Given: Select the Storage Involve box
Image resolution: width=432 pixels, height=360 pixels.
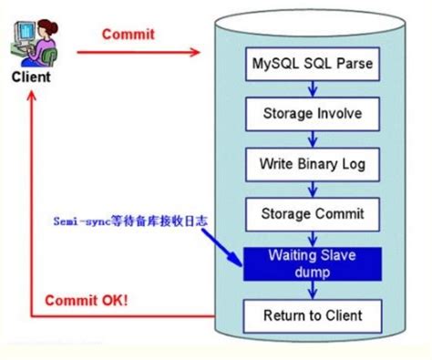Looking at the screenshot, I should (312, 114).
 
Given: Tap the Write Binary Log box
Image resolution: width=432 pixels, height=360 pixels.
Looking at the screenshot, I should (312, 164).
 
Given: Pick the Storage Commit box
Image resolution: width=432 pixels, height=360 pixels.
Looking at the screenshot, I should (312, 214).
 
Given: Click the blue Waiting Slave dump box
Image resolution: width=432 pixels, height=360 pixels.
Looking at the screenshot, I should (312, 264).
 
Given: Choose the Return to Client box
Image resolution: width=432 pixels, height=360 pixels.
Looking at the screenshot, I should (312, 315).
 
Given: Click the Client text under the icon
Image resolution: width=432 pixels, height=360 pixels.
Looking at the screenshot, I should (31, 77).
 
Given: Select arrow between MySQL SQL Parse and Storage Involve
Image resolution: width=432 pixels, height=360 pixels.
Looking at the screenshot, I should (312, 88).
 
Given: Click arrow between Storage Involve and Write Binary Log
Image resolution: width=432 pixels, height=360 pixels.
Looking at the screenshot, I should (312, 139).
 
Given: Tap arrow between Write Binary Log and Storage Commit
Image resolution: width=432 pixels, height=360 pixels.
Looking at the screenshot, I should (312, 189).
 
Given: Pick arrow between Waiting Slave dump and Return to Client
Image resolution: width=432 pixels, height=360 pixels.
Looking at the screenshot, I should (312, 291).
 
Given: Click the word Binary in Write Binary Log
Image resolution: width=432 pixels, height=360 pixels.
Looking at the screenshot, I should (310, 164).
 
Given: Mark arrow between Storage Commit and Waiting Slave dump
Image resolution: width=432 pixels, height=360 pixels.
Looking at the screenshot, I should (312, 238).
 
